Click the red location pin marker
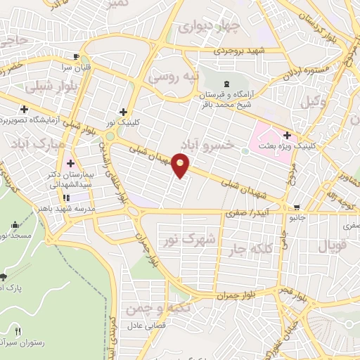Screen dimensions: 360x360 tap(181, 166)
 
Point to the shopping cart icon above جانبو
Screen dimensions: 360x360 tap(297, 207)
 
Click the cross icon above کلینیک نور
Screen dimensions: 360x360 tap(123, 111)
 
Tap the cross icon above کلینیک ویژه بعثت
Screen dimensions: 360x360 tap(287, 135)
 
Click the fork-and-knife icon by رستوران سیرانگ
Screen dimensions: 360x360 tap(18, 331)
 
